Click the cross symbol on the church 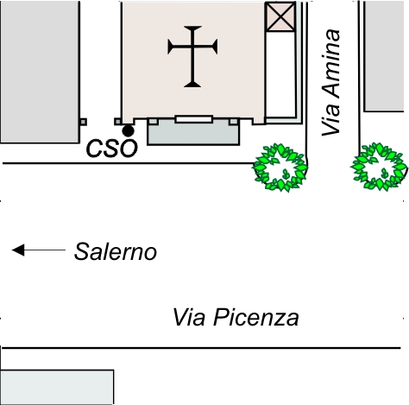coord(192,56)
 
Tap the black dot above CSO coord(128,131)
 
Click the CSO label coord(112,149)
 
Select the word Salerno coord(116,252)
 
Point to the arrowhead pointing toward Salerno coord(18,250)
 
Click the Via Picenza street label coord(236,318)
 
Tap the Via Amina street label coord(331,82)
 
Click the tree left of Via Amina coord(280,168)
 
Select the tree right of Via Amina coord(379,167)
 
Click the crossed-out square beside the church coord(280,16)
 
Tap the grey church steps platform coord(193,133)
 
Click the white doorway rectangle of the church coord(194,119)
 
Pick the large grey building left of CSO coord(40,72)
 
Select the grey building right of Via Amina coord(384,56)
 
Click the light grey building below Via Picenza coord(57,387)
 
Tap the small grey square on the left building coord(83,122)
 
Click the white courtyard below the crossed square coord(280,74)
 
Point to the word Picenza coord(256,318)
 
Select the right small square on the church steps coord(234,122)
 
